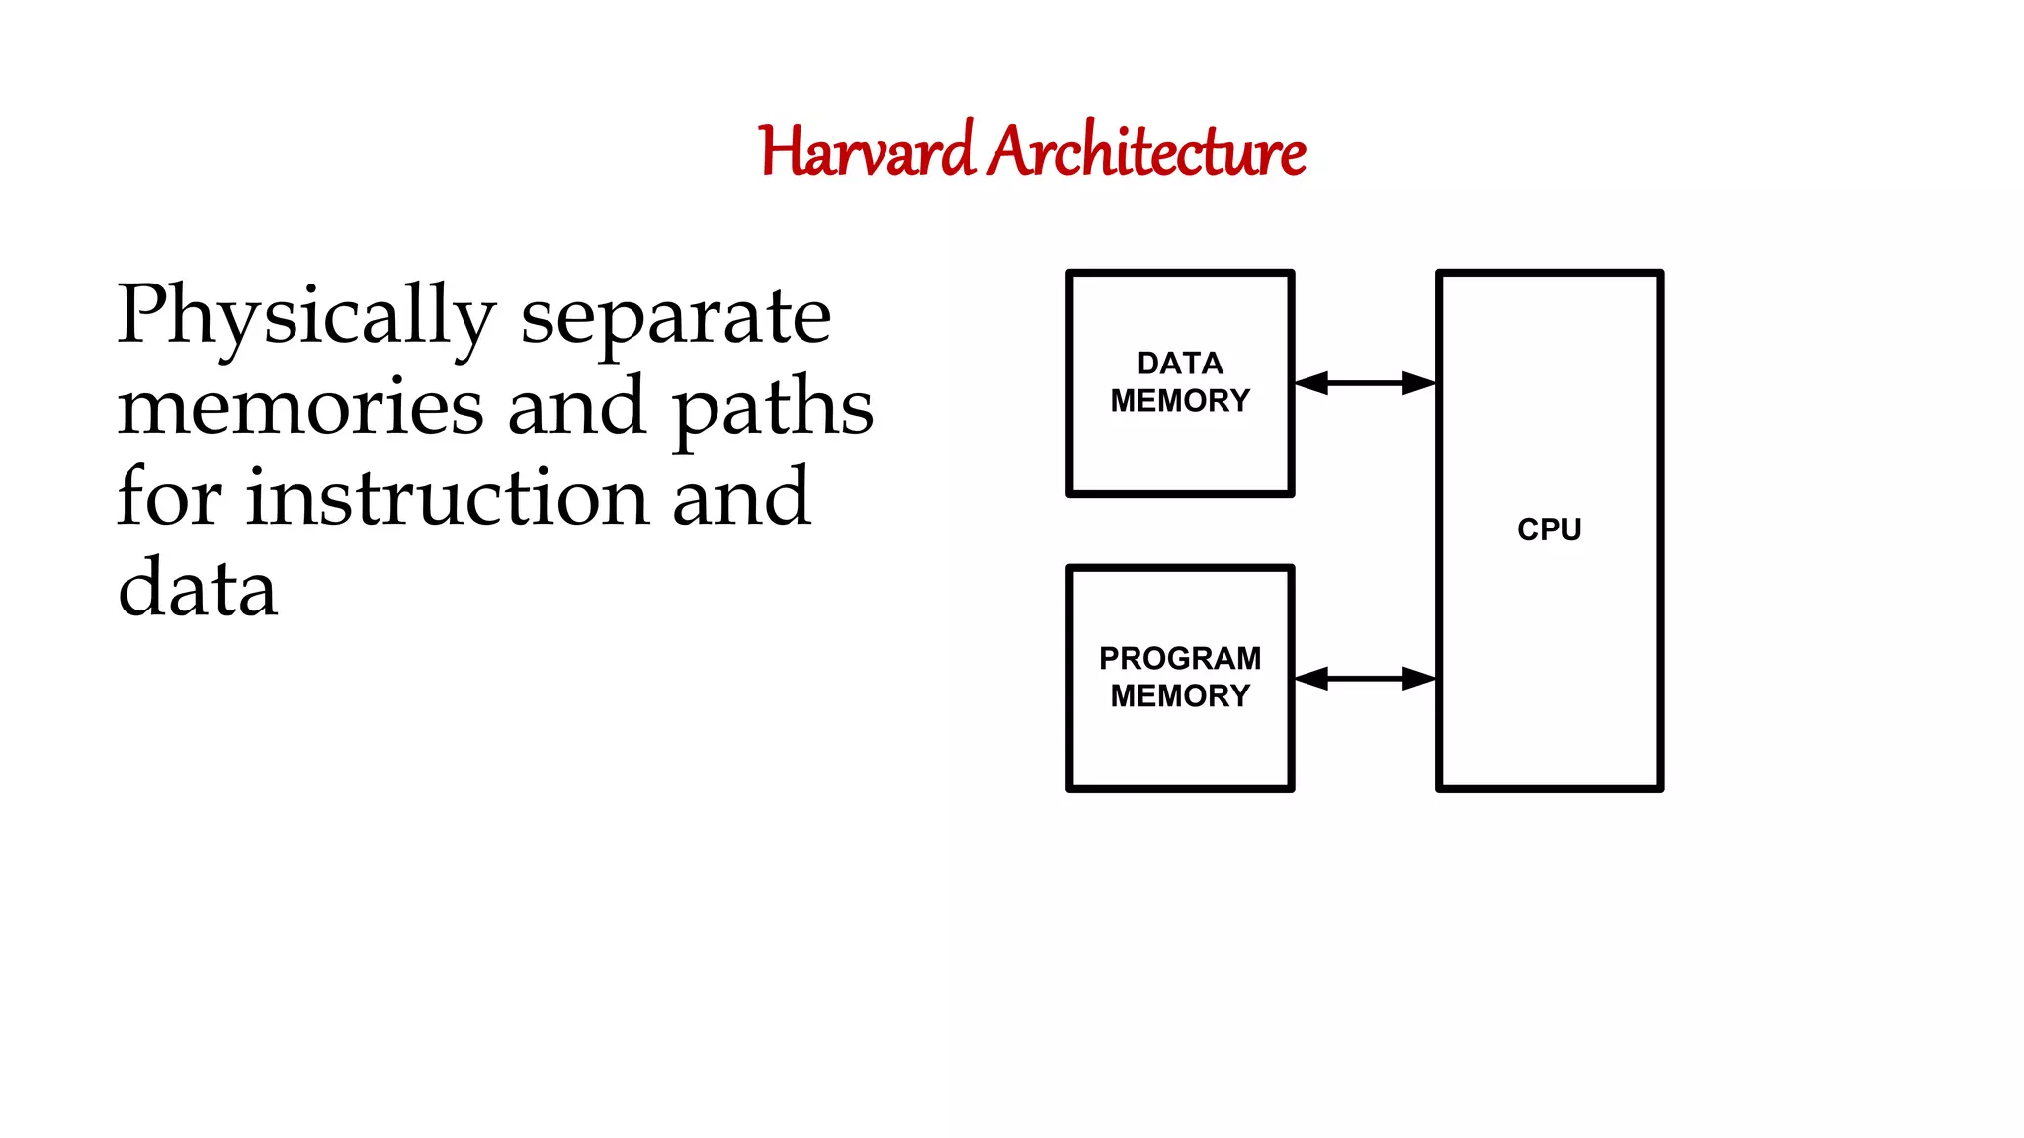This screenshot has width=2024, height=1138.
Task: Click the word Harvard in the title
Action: tap(867, 152)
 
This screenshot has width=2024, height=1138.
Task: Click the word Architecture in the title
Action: tap(1147, 152)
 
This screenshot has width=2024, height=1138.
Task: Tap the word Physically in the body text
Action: tap(305, 317)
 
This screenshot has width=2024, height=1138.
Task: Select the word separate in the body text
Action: tap(676, 317)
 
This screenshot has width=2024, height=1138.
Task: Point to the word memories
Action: tap(300, 407)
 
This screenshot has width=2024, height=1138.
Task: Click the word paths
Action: tap(773, 407)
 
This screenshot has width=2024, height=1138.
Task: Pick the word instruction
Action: tap(447, 498)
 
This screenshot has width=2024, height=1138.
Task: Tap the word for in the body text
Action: tap(169, 498)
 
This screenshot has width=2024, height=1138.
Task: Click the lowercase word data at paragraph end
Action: tap(198, 589)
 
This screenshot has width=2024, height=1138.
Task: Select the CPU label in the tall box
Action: tap(1549, 529)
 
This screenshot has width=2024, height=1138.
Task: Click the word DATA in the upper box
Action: tap(1180, 364)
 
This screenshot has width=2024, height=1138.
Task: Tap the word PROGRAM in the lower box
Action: tap(1180, 658)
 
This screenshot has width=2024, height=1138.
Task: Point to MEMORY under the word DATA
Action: tap(1180, 401)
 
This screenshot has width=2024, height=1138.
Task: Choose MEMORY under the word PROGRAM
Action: tap(1180, 696)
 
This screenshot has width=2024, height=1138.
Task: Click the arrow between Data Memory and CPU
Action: tap(1365, 383)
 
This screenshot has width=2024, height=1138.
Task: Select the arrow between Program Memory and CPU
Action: tap(1365, 678)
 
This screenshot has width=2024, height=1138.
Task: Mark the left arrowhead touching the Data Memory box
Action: tap(1310, 383)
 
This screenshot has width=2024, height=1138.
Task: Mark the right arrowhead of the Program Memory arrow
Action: tap(1420, 678)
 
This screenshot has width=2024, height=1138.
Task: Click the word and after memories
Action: tap(576, 407)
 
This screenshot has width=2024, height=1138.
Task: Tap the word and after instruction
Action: tap(741, 498)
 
